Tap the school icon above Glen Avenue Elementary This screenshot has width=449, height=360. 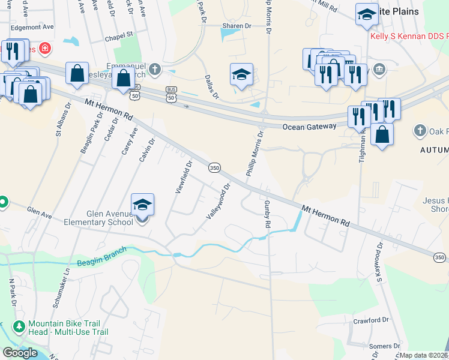[142, 205]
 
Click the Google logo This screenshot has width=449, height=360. [20, 353]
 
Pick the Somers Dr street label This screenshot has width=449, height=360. [385, 346]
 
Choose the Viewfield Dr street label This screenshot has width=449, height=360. [183, 177]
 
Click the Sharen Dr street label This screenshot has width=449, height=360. [236, 26]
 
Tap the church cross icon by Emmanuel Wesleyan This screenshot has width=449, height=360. [155, 68]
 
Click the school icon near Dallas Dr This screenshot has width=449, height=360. [241, 75]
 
